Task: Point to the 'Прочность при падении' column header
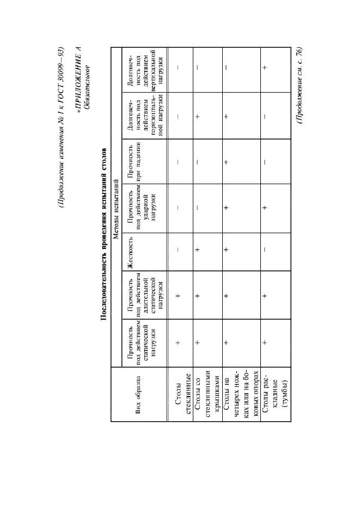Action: (139, 162)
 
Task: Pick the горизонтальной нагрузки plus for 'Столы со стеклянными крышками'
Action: (198, 116)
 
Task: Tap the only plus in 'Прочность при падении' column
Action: (225, 162)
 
